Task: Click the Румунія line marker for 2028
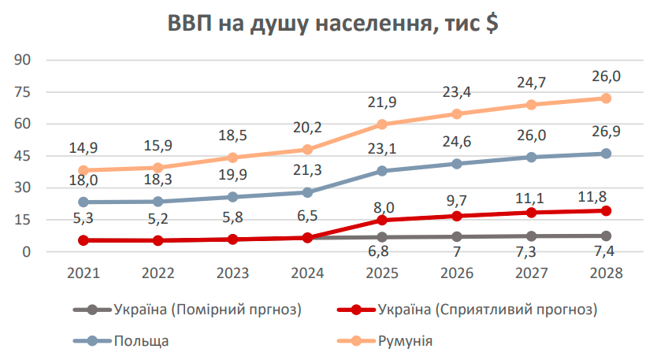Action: pos(606,98)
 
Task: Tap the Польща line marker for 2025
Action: pos(381,171)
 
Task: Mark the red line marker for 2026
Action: pos(456,216)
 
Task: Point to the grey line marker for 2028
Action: pos(606,236)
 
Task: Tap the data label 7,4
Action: pos(606,253)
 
